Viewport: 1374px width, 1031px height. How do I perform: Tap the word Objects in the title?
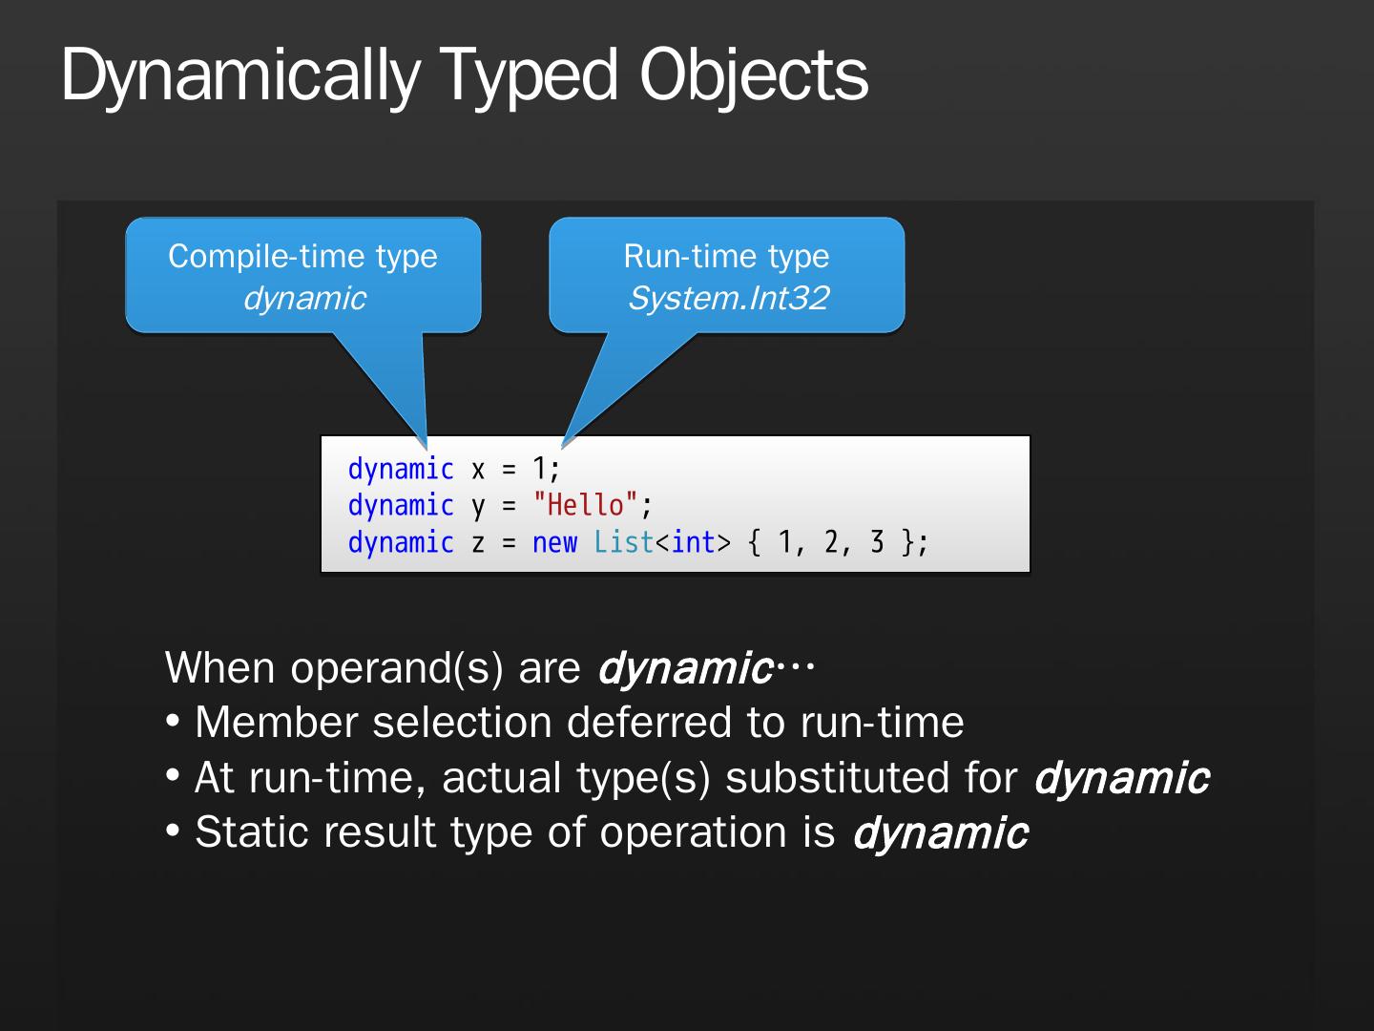point(754,76)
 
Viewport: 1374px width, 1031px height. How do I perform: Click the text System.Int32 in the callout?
point(728,298)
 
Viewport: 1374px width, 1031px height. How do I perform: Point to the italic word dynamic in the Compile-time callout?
point(304,298)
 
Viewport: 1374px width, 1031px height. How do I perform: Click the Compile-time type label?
point(302,256)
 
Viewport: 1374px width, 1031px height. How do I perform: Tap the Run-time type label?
point(726,256)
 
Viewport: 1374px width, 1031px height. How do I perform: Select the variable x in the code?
point(478,470)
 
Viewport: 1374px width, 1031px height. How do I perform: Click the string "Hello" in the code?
point(585,505)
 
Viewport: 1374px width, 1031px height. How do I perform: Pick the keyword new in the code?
point(554,542)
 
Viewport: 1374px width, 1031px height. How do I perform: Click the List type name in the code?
point(623,542)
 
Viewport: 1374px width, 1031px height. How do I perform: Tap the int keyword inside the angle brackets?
point(693,542)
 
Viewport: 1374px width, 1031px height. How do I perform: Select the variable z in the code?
point(478,543)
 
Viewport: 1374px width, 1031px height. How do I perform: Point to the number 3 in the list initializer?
point(877,542)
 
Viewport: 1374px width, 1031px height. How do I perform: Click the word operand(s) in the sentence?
point(396,668)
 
